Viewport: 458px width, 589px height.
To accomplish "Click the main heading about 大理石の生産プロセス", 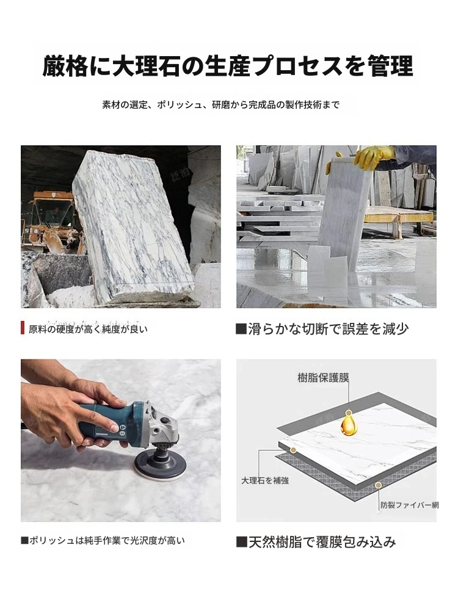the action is click(x=228, y=66).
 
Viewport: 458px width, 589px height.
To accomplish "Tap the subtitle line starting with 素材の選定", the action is click(x=221, y=105).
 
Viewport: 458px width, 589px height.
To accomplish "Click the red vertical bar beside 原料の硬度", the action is click(x=23, y=328).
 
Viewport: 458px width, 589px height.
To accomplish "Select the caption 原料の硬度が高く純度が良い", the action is click(x=89, y=329).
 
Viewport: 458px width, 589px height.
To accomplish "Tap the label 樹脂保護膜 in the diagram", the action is click(x=323, y=378).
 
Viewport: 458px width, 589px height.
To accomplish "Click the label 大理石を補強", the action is click(x=265, y=480).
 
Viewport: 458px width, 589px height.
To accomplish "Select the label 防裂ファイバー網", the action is click(x=410, y=505).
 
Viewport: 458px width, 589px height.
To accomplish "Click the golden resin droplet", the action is click(x=349, y=424).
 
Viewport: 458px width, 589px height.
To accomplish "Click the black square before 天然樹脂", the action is click(x=242, y=542).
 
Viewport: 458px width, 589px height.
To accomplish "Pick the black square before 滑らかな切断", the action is click(x=241, y=329).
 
